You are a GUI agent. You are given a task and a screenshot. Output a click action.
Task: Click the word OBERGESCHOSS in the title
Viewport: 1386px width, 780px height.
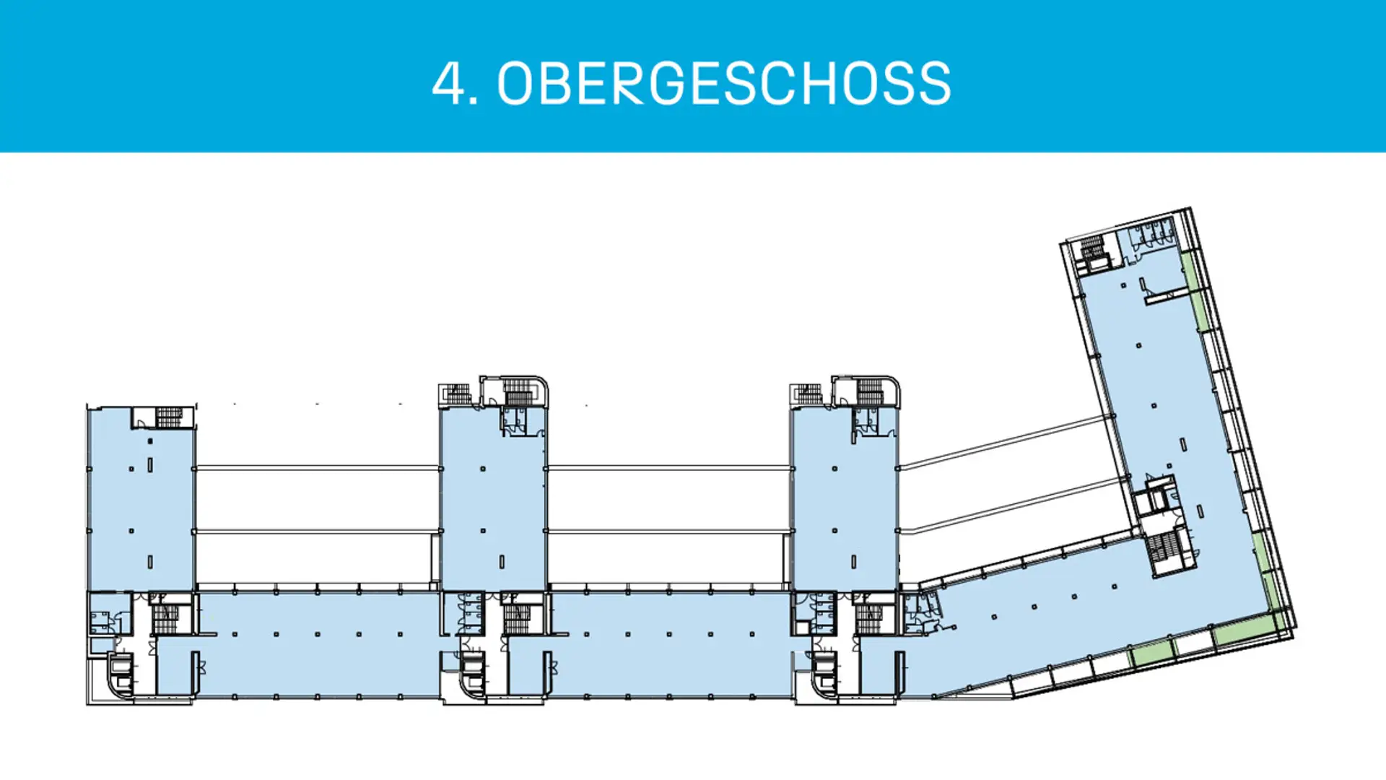coord(724,84)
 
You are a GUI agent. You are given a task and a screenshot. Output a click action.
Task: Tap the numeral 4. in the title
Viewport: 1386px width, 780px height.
coord(455,84)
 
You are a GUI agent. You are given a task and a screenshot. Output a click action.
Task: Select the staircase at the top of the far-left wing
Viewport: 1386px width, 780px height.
coord(170,417)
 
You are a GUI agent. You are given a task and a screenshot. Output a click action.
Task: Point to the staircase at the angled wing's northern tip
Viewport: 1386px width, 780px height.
coord(1091,248)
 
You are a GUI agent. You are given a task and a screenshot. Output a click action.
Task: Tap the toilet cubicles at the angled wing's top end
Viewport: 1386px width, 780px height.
coord(1153,233)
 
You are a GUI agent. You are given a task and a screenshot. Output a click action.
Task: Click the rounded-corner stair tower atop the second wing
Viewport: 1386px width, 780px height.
coord(517,391)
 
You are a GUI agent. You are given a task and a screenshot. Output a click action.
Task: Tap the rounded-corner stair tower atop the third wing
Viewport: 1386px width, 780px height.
coord(868,391)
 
